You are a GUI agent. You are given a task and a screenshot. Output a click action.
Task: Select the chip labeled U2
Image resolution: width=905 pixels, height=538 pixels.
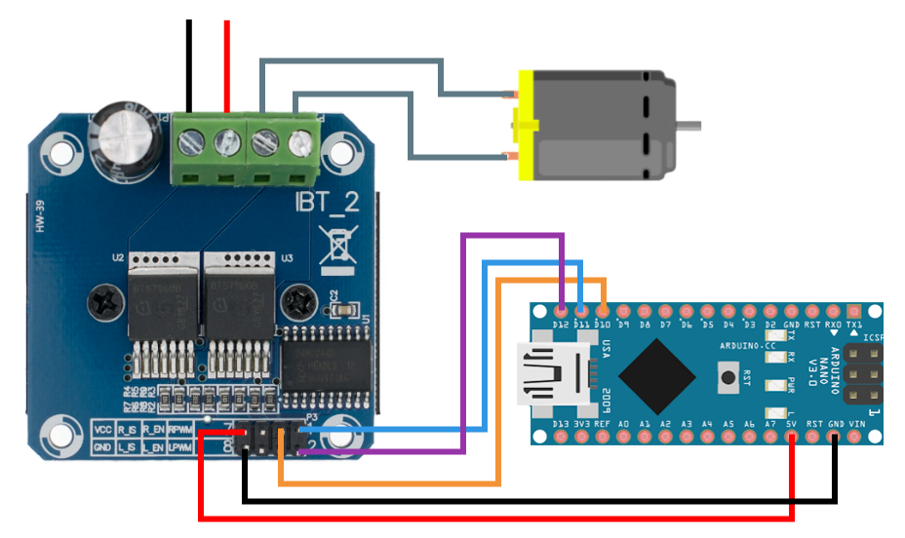(160, 302)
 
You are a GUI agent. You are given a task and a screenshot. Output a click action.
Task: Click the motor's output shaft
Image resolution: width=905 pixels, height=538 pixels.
(689, 125)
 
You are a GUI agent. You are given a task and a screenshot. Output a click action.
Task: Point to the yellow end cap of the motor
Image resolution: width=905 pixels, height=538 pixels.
(526, 125)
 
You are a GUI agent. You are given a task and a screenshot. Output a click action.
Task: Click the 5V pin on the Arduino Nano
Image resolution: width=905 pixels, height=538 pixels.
(791, 438)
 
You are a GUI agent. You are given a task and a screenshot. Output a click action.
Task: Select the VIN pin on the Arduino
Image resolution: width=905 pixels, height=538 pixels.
(854, 438)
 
